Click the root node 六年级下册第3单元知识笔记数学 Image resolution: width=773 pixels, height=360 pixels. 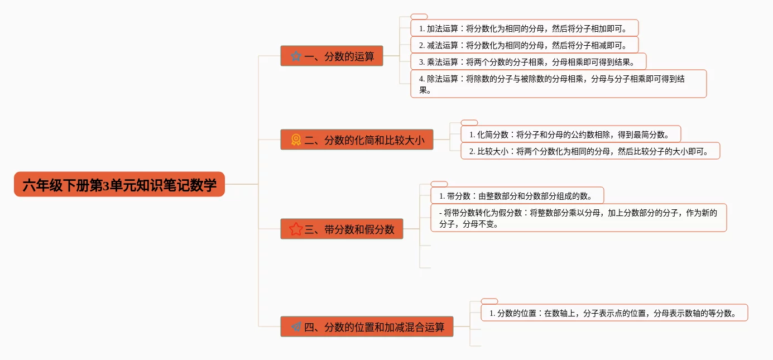pos(119,184)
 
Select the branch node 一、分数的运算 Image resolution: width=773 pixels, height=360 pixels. pos(332,56)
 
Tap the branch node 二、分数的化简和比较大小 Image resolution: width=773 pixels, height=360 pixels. pos(357,140)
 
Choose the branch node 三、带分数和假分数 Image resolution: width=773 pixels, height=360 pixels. pos(342,229)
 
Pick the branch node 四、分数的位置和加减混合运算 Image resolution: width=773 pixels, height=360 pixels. pos(367,327)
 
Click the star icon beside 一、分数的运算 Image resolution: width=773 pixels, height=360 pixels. pos(296,56)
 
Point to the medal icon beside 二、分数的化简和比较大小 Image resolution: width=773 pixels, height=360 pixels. pos(296,140)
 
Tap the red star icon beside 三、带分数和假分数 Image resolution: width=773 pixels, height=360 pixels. pos(296,229)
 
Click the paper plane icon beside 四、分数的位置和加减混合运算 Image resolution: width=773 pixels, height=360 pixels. pos(296,327)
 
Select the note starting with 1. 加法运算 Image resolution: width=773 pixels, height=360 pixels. pos(524,28)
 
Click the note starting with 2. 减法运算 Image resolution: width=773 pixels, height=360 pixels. pos(524,45)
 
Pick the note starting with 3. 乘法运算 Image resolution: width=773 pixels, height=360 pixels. pos(528,61)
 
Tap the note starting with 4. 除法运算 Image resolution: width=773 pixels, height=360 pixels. pos(558,84)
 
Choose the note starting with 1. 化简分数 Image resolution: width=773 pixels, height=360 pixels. pos(570,134)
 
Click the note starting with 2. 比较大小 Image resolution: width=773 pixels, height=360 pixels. pos(590,151)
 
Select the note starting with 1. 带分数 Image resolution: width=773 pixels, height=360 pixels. pos(517,195)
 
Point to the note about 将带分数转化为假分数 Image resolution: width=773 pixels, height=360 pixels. pos(578,218)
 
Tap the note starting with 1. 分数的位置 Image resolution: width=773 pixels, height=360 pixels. pos(614,313)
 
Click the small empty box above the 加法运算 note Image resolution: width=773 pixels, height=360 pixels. pos(419,17)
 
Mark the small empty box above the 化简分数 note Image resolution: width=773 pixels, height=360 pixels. pos(469,123)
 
